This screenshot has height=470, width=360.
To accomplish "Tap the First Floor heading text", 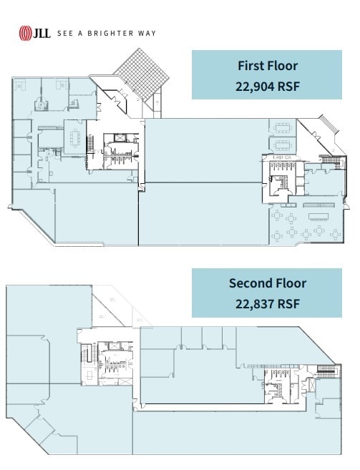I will (x=267, y=66).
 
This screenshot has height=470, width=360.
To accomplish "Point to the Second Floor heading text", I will (x=267, y=283).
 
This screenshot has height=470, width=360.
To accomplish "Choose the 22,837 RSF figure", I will (x=267, y=303).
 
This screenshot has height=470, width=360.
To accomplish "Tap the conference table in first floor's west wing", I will (x=74, y=134).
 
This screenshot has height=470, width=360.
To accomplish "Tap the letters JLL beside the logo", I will (x=42, y=33).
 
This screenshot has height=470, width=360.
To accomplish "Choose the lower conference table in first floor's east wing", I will (x=281, y=146).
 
